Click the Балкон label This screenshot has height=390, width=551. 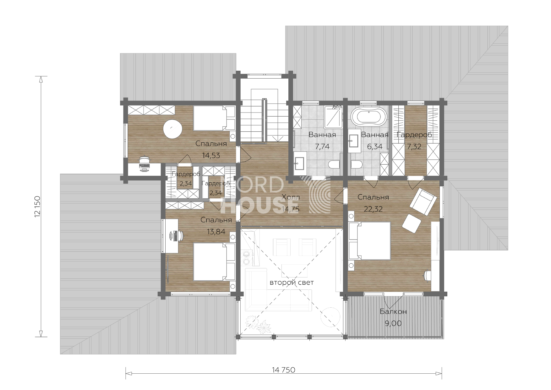point(393,311)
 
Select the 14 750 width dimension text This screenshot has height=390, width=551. point(284,370)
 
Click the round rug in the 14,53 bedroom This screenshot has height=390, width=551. point(172,129)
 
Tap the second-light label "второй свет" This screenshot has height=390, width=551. point(292,283)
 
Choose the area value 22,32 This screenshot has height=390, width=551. point(373,209)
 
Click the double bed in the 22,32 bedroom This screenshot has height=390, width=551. point(369,241)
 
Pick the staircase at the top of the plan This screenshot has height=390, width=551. point(265,116)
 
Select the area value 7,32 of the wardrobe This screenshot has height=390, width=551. point(414,146)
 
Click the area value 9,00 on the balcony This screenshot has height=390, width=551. point(393,323)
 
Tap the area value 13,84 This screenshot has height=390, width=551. point(216,232)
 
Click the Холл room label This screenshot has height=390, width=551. point(291,197)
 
